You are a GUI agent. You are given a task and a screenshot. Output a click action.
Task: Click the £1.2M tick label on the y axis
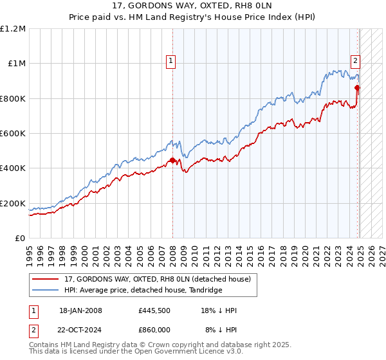[x=13, y=29]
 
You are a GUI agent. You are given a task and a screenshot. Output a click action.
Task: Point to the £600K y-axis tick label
[x=13, y=134]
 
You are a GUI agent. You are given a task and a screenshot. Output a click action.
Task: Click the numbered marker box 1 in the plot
[x=172, y=61]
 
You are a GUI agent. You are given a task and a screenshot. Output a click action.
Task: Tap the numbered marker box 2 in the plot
[x=355, y=61]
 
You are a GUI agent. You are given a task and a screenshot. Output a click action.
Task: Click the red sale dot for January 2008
[x=172, y=160]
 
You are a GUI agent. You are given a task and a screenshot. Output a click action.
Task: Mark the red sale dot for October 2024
[x=357, y=87]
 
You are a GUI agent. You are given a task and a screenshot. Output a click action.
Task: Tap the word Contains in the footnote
[x=44, y=345]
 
